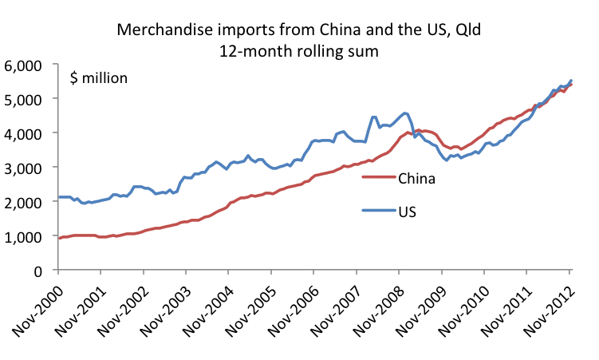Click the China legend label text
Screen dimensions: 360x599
pos(416,178)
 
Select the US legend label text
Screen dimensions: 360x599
pos(407,213)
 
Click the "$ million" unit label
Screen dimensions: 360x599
pos(99,79)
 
